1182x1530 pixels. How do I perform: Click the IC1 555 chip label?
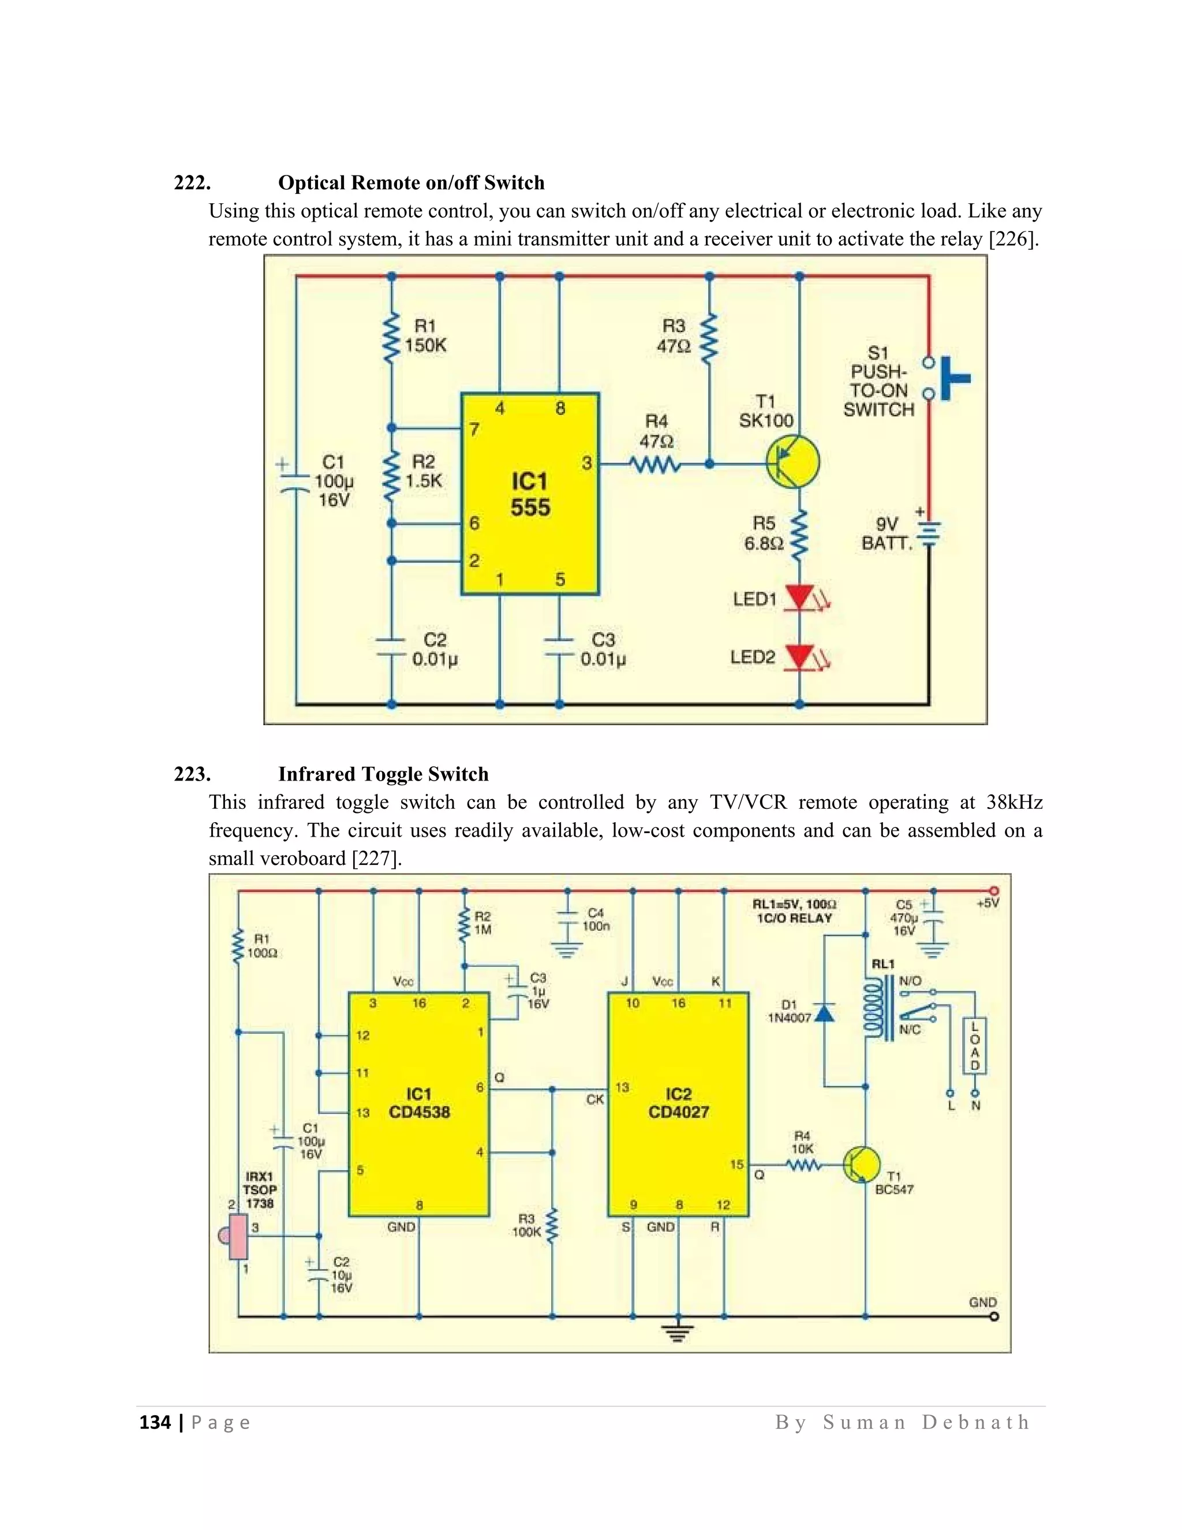(x=529, y=494)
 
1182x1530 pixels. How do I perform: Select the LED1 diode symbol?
(x=799, y=598)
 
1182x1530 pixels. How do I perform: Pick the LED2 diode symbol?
(x=799, y=656)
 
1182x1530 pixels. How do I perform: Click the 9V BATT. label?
(x=887, y=533)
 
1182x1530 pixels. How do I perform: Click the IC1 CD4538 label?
(x=419, y=1103)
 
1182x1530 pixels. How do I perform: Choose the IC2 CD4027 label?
(x=678, y=1103)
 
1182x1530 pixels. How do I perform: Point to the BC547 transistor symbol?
(x=861, y=1165)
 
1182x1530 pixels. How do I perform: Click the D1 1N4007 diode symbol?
(x=825, y=1013)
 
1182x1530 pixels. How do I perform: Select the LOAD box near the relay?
(x=975, y=1047)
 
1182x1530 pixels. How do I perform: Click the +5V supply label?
(x=988, y=903)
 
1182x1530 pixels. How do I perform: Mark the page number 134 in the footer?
(x=155, y=1422)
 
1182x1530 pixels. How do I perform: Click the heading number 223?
(x=192, y=774)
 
